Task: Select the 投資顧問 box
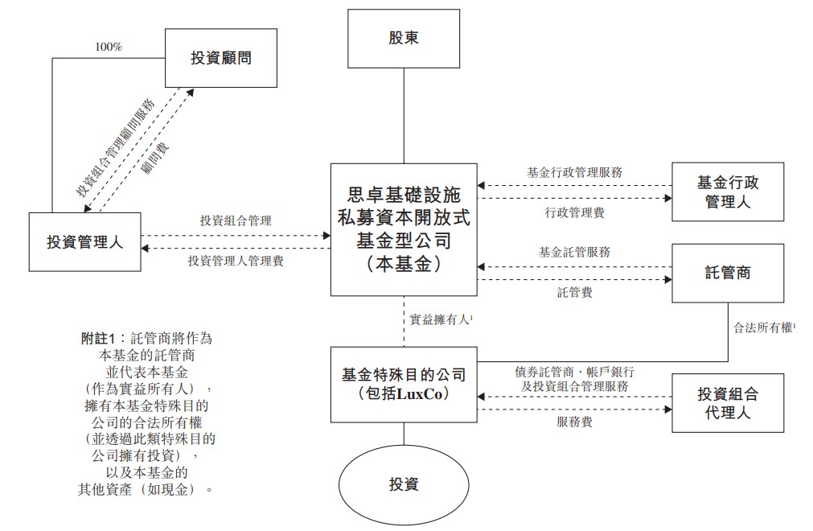coord(220,57)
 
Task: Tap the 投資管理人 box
coord(84,241)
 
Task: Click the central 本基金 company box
coord(403,228)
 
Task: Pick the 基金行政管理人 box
coord(727,191)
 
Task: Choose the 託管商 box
coord(727,273)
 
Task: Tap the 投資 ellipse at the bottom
coord(404,484)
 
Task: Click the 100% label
coord(108,47)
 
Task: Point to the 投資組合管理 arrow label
coord(236,220)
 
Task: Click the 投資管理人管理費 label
coord(236,261)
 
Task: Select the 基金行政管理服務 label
coord(574,171)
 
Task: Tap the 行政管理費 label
coord(574,212)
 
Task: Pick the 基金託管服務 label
coord(574,252)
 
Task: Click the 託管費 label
coord(574,292)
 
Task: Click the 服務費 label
coord(574,421)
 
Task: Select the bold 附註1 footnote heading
coord(101,338)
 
